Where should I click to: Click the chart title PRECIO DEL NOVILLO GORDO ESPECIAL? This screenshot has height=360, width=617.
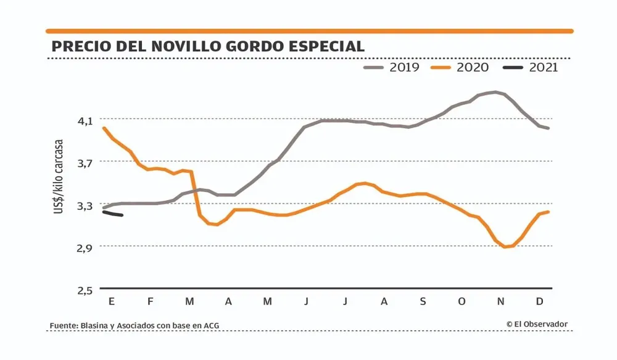point(207,47)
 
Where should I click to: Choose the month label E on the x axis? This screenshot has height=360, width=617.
point(112,301)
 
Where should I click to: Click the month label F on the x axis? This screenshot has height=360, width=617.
point(150,301)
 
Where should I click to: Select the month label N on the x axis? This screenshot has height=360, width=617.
point(501,301)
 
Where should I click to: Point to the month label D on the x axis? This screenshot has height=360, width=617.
point(540,301)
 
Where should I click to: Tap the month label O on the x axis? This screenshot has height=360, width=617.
point(462,301)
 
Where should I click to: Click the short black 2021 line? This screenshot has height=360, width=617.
point(113,214)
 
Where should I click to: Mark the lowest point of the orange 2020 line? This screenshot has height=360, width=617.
point(505,247)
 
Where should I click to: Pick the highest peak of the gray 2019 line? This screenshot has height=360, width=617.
point(495,92)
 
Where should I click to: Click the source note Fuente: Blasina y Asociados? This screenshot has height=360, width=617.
point(135,325)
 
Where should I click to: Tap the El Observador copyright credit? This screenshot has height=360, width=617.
point(536,324)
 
